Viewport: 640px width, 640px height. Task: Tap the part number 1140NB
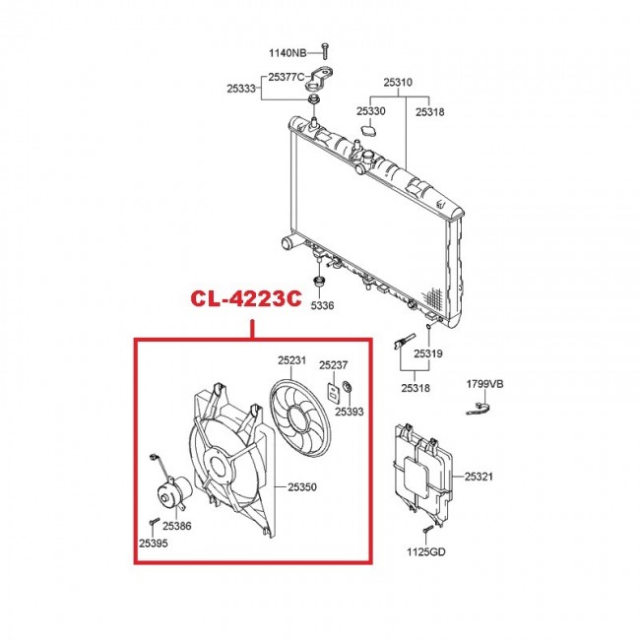288,51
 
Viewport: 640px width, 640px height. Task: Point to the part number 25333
241,89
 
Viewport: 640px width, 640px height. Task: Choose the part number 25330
371,111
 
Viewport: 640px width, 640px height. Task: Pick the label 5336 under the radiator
323,305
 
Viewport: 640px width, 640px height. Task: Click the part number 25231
292,360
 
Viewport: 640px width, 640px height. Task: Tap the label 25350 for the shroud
304,486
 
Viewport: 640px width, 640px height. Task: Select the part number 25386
178,526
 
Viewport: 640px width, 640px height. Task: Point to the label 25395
154,543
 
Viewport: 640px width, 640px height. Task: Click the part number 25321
480,477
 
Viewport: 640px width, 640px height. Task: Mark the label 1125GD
426,551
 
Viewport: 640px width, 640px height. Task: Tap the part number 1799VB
484,384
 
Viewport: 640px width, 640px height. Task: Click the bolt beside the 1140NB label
325,51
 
